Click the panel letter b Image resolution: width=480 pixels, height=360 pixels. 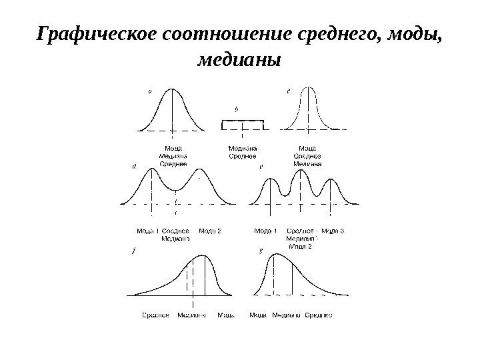[x=237, y=107]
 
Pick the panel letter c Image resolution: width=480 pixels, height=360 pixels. [x=289, y=93]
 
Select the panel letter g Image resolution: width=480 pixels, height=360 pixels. [x=261, y=251]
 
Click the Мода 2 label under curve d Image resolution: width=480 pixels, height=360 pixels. [x=210, y=231]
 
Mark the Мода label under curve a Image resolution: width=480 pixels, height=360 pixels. [x=173, y=148]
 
